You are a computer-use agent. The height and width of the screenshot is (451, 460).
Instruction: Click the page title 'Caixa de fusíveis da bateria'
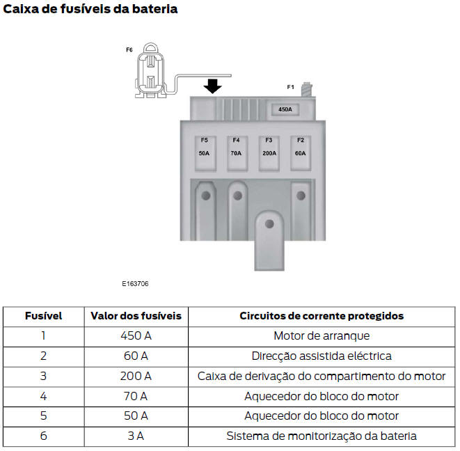click(x=90, y=9)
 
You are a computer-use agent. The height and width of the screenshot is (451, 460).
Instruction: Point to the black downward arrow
click(x=213, y=86)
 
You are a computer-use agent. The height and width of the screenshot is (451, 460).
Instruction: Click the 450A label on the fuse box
click(x=285, y=109)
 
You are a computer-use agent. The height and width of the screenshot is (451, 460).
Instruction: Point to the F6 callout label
click(x=129, y=50)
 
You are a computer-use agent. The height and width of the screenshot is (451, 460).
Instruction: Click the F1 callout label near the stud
click(x=291, y=87)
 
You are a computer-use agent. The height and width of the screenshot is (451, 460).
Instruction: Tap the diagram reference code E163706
click(x=135, y=284)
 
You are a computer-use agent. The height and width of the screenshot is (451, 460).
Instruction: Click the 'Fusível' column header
click(x=43, y=315)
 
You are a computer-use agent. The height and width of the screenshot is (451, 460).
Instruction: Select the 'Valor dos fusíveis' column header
click(x=136, y=315)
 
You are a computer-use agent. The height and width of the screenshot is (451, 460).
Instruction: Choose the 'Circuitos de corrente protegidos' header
click(x=322, y=315)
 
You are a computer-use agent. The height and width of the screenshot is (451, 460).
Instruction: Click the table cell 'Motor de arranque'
click(x=322, y=335)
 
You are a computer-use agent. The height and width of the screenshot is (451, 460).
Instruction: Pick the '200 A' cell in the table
click(x=136, y=376)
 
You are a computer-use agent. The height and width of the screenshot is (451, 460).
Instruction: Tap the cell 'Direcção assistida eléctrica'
click(x=322, y=356)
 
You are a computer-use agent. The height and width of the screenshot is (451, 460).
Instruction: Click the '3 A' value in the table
click(x=136, y=436)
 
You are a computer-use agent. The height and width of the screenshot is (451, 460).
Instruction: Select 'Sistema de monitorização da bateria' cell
click(x=322, y=436)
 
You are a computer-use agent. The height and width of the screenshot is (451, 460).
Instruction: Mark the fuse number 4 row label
click(x=43, y=396)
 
